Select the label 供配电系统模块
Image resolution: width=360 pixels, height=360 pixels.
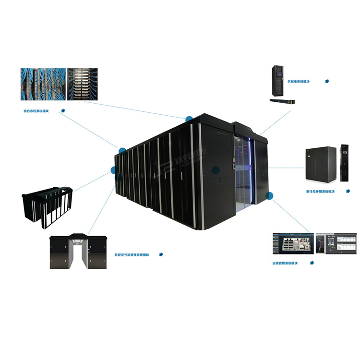(x=299, y=82)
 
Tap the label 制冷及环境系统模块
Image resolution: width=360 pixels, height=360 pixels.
(x=320, y=191)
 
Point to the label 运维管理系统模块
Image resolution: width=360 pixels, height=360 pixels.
(x=285, y=263)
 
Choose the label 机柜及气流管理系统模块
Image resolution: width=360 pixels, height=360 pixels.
(x=132, y=255)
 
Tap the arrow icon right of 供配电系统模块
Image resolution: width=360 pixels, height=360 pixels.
(x=327, y=81)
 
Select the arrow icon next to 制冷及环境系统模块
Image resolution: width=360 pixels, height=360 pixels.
(x=346, y=191)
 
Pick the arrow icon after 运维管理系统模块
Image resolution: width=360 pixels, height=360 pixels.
(x=312, y=263)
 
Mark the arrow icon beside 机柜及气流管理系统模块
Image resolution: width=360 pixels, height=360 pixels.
(x=161, y=254)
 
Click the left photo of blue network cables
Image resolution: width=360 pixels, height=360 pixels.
(x=42, y=84)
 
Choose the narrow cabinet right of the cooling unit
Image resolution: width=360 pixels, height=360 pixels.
(x=344, y=163)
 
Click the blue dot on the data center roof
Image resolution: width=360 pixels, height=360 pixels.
(x=189, y=119)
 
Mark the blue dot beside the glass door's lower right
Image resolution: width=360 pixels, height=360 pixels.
(x=269, y=196)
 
